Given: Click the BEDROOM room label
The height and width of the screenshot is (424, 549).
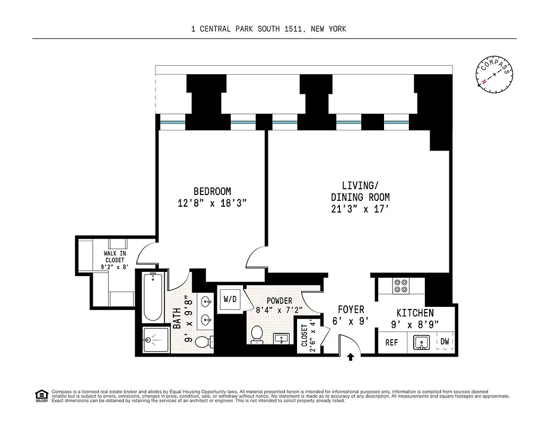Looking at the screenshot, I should [x=212, y=191].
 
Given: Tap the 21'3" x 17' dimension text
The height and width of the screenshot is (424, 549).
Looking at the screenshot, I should [x=360, y=209].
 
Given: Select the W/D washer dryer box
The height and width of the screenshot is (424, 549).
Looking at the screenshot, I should [x=230, y=299].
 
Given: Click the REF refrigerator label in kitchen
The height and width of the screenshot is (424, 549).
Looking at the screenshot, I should [x=391, y=342].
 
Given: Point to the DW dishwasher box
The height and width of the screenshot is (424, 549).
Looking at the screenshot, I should [x=445, y=342].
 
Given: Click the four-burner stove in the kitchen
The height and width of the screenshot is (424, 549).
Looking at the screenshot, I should [x=400, y=286].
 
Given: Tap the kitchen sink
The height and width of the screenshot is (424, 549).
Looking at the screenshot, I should [x=422, y=343].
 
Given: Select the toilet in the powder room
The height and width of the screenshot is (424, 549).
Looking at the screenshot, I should [x=257, y=335].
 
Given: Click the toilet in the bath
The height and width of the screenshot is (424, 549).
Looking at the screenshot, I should [x=202, y=342].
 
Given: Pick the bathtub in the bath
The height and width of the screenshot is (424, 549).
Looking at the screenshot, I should [x=153, y=297].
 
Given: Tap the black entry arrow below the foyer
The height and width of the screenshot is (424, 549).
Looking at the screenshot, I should [x=350, y=358].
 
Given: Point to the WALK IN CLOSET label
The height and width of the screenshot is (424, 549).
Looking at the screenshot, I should [x=115, y=260].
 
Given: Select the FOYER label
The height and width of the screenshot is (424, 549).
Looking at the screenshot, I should [x=351, y=310].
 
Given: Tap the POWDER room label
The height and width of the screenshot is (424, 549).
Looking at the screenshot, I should [x=279, y=301].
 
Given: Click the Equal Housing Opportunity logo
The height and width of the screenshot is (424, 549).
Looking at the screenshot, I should [x=40, y=395].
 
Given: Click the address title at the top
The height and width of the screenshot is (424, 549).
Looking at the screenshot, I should [x=268, y=29].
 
